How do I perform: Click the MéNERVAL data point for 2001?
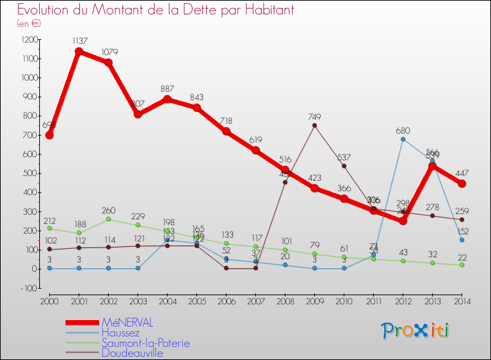pyautogui.click(x=79, y=52)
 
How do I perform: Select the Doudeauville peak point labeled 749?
pyautogui.click(x=314, y=126)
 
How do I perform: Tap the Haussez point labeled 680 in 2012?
pyautogui.click(x=403, y=139)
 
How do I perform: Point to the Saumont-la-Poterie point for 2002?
pyautogui.click(x=108, y=219)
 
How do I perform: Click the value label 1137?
pyautogui.click(x=79, y=41)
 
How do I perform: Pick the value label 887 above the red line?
pyautogui.click(x=167, y=89)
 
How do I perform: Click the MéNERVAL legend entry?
pyautogui.click(x=128, y=323)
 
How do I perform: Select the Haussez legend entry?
pyautogui.click(x=120, y=333)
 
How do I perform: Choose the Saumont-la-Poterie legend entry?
pyautogui.click(x=145, y=343)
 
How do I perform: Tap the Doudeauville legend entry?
pyautogui.click(x=132, y=353)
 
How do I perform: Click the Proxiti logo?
pyautogui.click(x=416, y=331)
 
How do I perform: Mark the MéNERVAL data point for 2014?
pyautogui.click(x=462, y=184)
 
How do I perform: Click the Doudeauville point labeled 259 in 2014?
pyautogui.click(x=462, y=219)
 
